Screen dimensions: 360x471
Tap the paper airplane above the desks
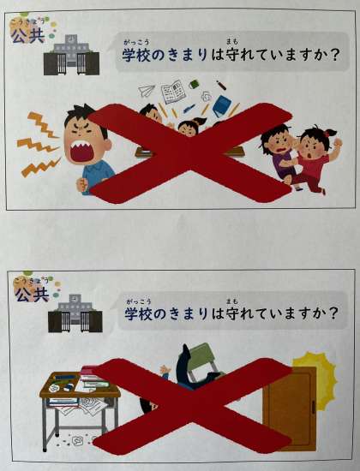[x=147, y=91]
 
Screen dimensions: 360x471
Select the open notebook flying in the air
[x=172, y=91]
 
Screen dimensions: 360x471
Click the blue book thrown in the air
[x=222, y=105]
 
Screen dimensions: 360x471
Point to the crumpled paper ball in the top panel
[x=207, y=96]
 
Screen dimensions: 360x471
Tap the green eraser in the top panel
[x=194, y=84]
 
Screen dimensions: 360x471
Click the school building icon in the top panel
[x=72, y=55]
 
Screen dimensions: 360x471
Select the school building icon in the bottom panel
[x=75, y=313]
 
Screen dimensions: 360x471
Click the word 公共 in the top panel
[x=27, y=36]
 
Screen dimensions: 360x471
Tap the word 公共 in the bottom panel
[x=33, y=294]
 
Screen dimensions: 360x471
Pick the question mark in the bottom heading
[x=332, y=314]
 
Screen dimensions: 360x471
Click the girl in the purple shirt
[x=279, y=155]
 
